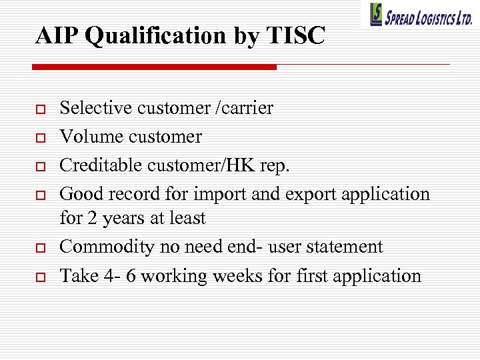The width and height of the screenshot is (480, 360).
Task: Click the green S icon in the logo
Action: click(377, 14)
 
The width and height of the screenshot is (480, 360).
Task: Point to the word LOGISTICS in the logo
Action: click(434, 18)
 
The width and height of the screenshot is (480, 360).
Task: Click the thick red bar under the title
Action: click(154, 67)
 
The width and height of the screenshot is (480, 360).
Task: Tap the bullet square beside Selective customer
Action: click(39, 109)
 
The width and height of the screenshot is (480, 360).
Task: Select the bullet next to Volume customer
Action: click(39, 137)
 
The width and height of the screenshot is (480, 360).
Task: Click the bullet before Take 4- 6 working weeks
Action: click(39, 277)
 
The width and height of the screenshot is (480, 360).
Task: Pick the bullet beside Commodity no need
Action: click(39, 248)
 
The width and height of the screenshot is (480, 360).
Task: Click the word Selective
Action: click(96, 108)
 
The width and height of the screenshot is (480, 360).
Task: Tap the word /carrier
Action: click(244, 108)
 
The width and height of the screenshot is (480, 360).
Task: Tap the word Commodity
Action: click(107, 247)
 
